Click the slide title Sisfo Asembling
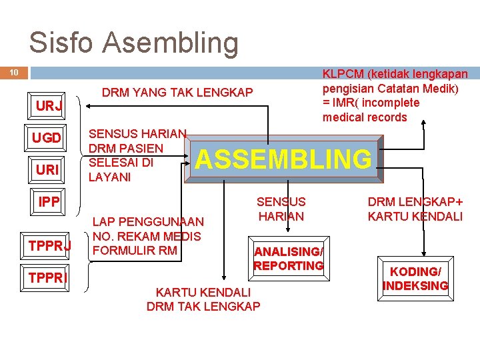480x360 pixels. (x=133, y=43)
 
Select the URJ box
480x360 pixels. (x=49, y=106)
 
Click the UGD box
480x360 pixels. (x=47, y=138)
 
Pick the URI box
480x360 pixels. (x=47, y=170)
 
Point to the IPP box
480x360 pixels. (x=49, y=201)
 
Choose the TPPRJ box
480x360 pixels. (x=49, y=246)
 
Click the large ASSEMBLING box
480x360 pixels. (x=284, y=159)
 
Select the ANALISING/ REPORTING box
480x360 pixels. (x=289, y=258)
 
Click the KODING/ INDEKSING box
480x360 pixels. (x=415, y=279)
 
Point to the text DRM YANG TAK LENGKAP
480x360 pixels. (x=177, y=93)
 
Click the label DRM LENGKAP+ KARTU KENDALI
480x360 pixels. (x=415, y=209)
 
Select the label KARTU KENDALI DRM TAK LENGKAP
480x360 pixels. (x=203, y=299)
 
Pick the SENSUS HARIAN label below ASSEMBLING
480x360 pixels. (x=281, y=209)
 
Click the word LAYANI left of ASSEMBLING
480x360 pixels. (x=109, y=178)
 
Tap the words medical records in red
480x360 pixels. (x=364, y=117)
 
